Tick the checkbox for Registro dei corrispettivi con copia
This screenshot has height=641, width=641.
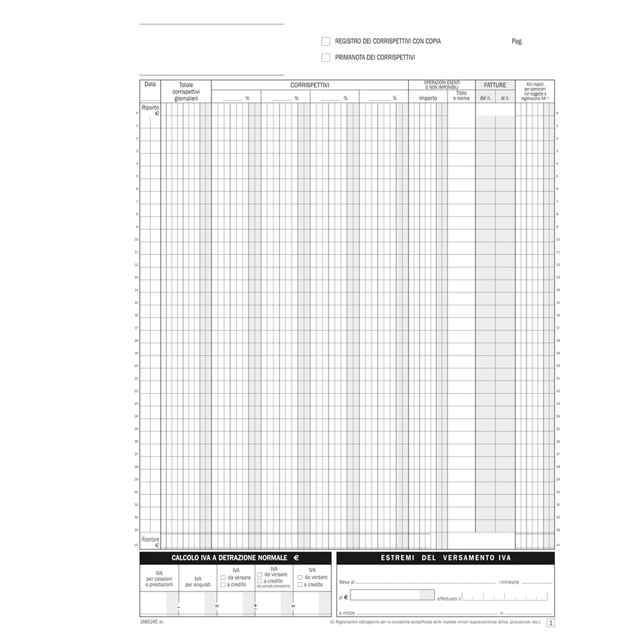[x=326, y=41]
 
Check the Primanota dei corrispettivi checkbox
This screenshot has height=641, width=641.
[x=326, y=58]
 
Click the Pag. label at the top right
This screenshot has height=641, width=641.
[x=516, y=42]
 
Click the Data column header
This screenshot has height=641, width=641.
[x=150, y=85]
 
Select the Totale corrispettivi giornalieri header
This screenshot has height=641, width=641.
[x=186, y=91]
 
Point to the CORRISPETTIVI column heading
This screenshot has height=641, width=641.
[x=310, y=85]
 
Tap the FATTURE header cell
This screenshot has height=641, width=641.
[x=495, y=85]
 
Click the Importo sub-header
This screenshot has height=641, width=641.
[x=428, y=98]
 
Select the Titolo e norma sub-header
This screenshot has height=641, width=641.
[x=461, y=96]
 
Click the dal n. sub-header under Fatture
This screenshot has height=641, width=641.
[x=485, y=98]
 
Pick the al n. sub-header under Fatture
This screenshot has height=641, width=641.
[x=505, y=98]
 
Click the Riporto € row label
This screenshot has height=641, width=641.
[x=150, y=110]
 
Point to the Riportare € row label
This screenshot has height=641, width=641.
[x=150, y=542]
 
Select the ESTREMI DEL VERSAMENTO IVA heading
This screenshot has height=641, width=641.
[x=445, y=558]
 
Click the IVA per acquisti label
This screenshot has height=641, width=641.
[x=198, y=582]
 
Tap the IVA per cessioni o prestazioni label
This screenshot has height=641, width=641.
[x=159, y=578]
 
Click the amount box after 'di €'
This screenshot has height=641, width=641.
[x=392, y=595]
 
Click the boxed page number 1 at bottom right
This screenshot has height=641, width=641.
[x=551, y=623]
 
